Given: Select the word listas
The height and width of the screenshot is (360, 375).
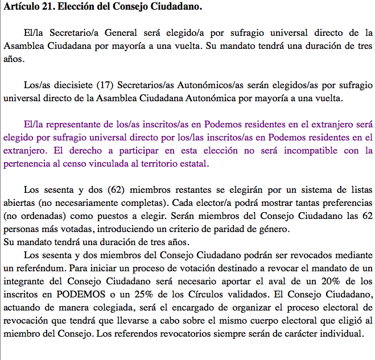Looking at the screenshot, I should point(361,190).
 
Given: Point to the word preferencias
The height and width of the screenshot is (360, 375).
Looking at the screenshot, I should point(344,203).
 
